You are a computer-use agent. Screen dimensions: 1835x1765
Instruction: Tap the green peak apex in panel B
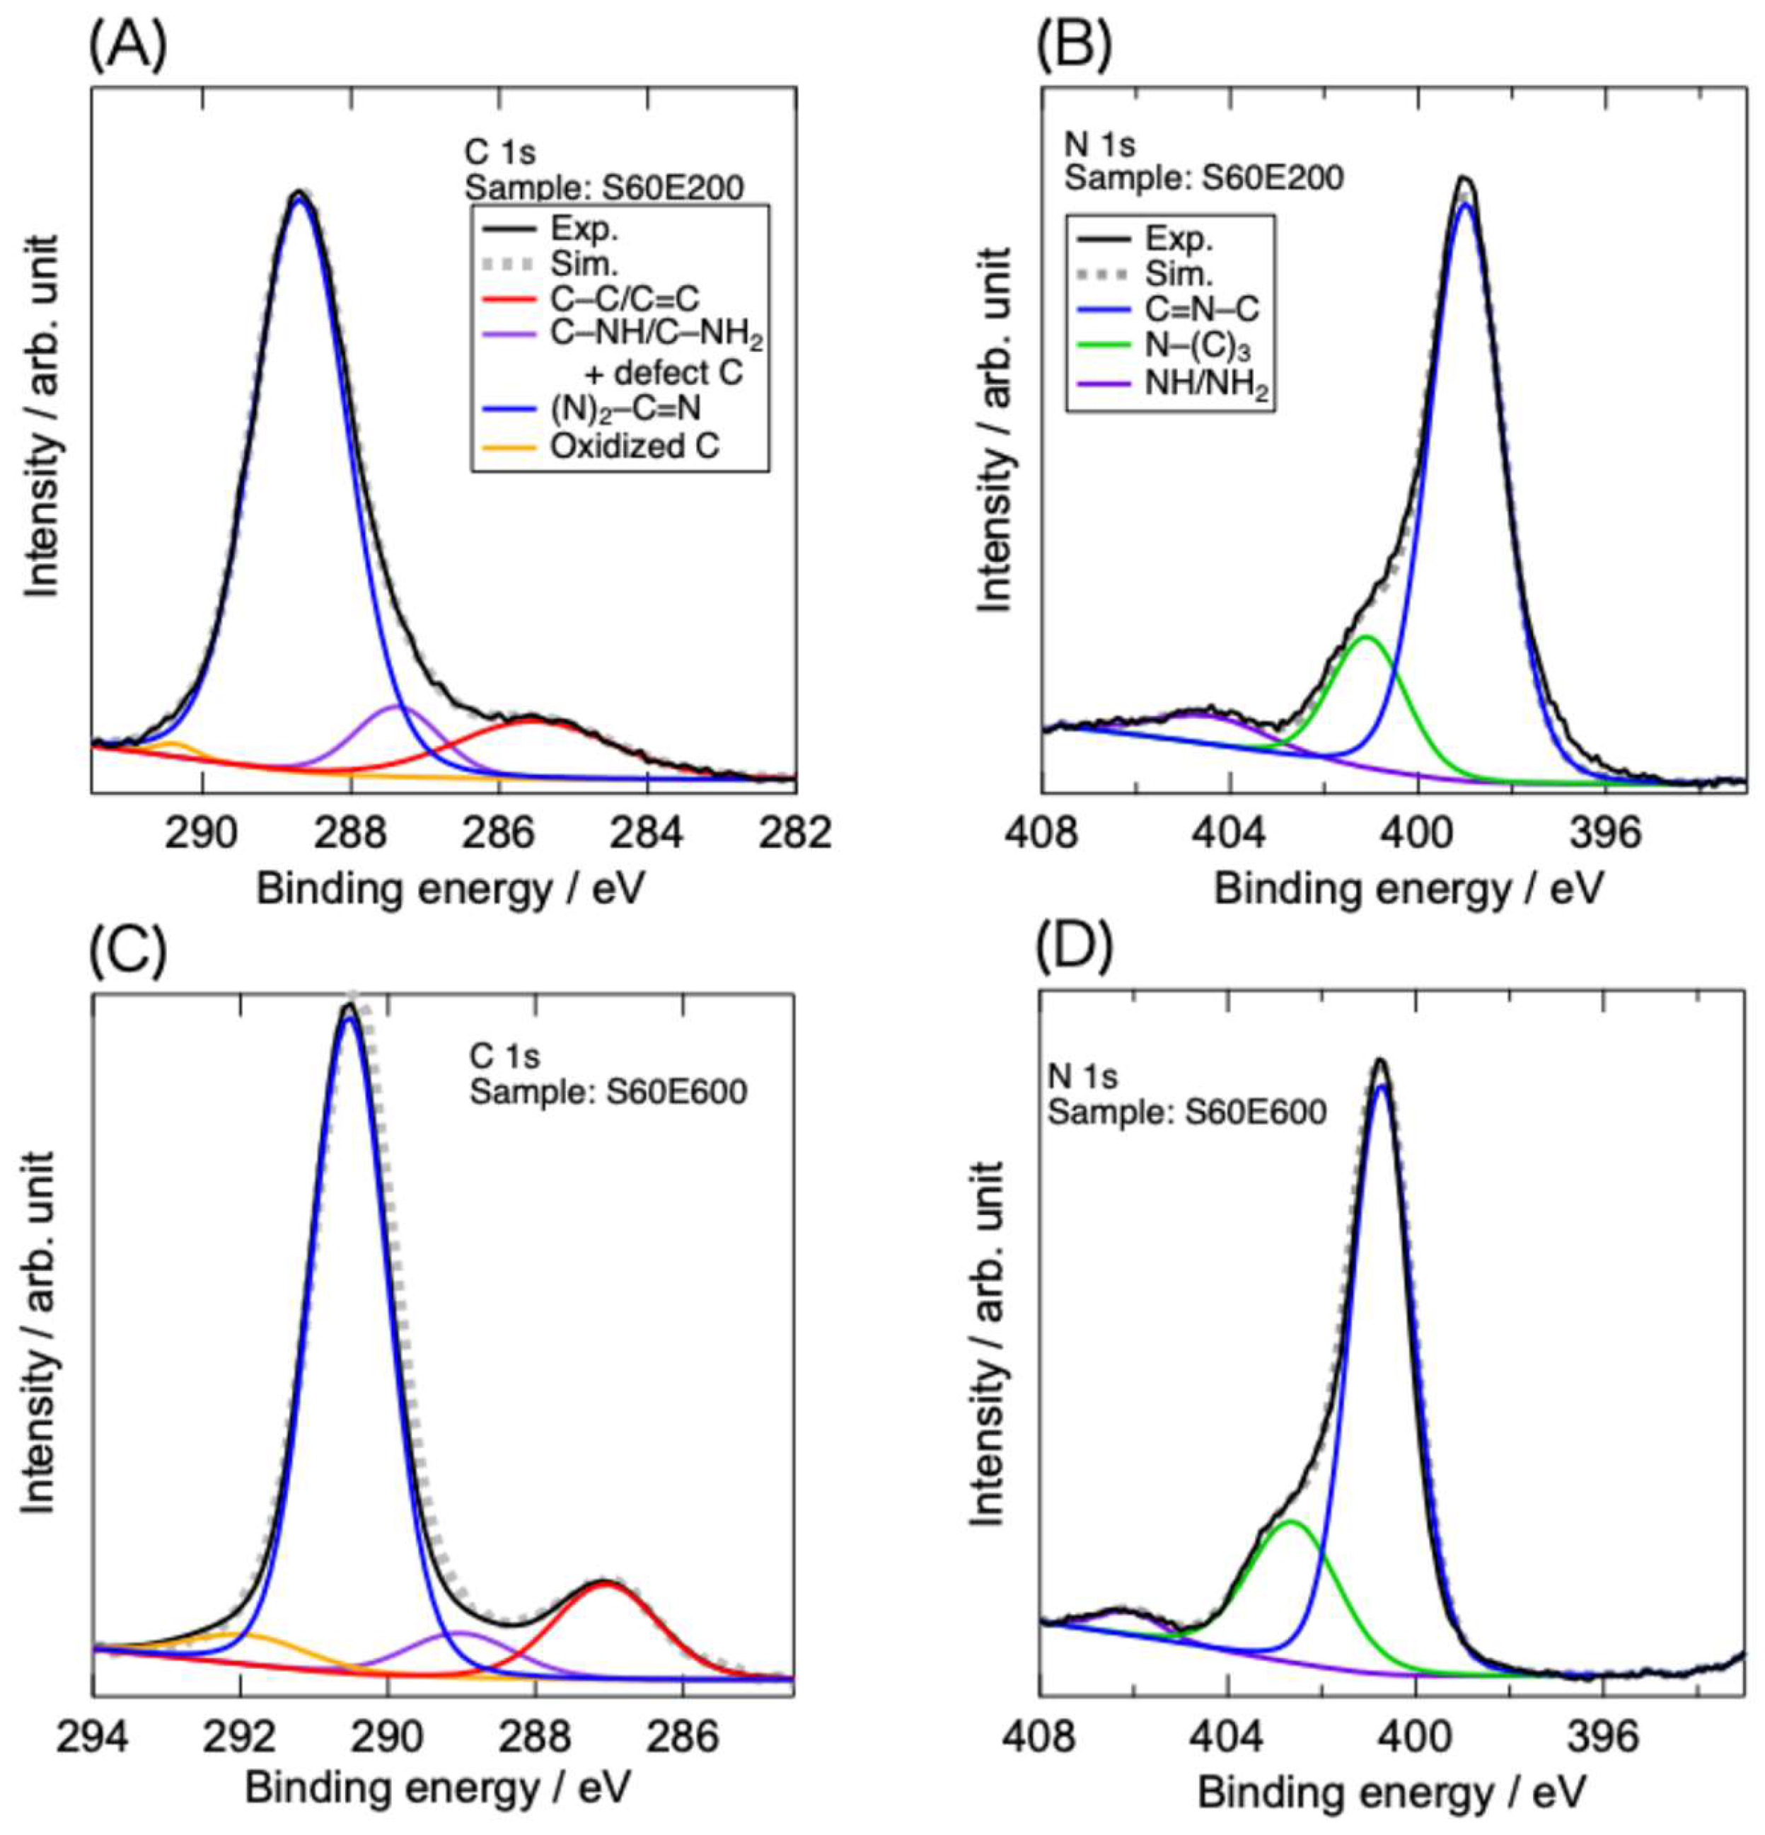(x=1367, y=637)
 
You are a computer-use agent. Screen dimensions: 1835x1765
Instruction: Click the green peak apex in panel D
(x=1292, y=1522)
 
